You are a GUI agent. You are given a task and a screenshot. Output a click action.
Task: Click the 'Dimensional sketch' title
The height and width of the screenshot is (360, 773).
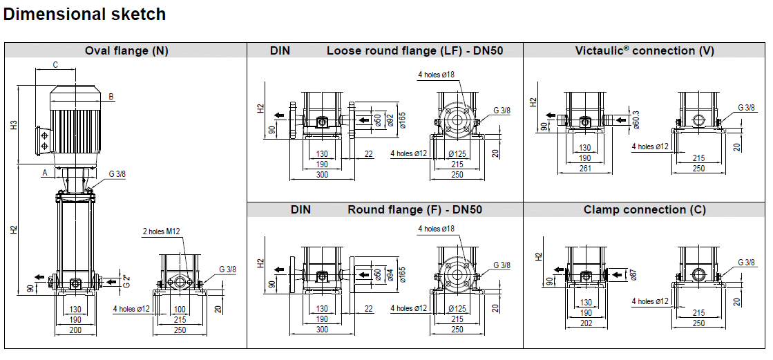click(x=85, y=14)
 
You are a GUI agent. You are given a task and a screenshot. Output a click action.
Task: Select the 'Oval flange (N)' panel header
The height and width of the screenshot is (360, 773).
click(x=126, y=50)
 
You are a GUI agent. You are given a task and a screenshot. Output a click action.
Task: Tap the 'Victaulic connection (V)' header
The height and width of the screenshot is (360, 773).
click(x=645, y=50)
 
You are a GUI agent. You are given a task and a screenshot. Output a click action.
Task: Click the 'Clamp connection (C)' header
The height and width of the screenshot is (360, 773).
click(x=645, y=209)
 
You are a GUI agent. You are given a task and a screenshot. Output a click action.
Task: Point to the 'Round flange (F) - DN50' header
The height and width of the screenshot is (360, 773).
click(x=414, y=209)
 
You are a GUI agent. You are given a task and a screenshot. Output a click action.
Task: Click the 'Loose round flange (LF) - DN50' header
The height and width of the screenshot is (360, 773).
click(x=404, y=50)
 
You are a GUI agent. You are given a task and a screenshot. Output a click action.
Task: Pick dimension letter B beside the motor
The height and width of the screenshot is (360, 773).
click(x=111, y=96)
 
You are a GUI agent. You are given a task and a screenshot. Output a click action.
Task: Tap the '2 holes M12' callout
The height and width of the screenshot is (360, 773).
click(x=162, y=231)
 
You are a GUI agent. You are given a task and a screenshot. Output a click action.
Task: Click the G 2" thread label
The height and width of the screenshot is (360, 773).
click(x=126, y=281)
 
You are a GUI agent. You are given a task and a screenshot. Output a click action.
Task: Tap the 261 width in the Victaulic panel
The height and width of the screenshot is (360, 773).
click(x=584, y=169)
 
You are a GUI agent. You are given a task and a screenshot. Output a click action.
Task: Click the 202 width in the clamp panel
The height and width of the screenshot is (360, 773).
click(x=584, y=323)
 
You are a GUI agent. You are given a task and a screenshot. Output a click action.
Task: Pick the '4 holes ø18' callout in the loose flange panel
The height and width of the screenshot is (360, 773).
click(x=436, y=74)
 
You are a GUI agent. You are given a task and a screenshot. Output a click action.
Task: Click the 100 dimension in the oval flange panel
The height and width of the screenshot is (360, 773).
click(x=180, y=309)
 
